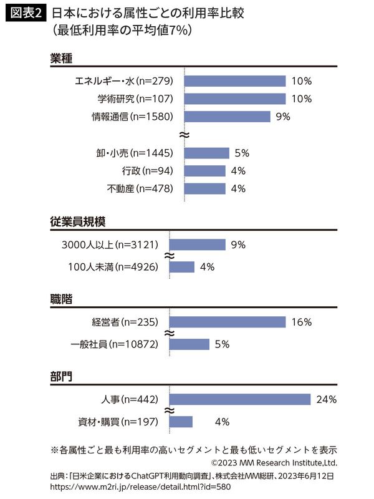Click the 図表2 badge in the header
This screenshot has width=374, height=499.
coord(26,13)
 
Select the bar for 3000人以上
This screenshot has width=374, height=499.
coord(198,245)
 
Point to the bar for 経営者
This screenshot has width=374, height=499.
coord(227,322)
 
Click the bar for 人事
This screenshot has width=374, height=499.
coord(240,399)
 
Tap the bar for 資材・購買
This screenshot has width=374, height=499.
coord(181,422)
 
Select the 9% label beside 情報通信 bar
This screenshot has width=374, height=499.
coord(283,117)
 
